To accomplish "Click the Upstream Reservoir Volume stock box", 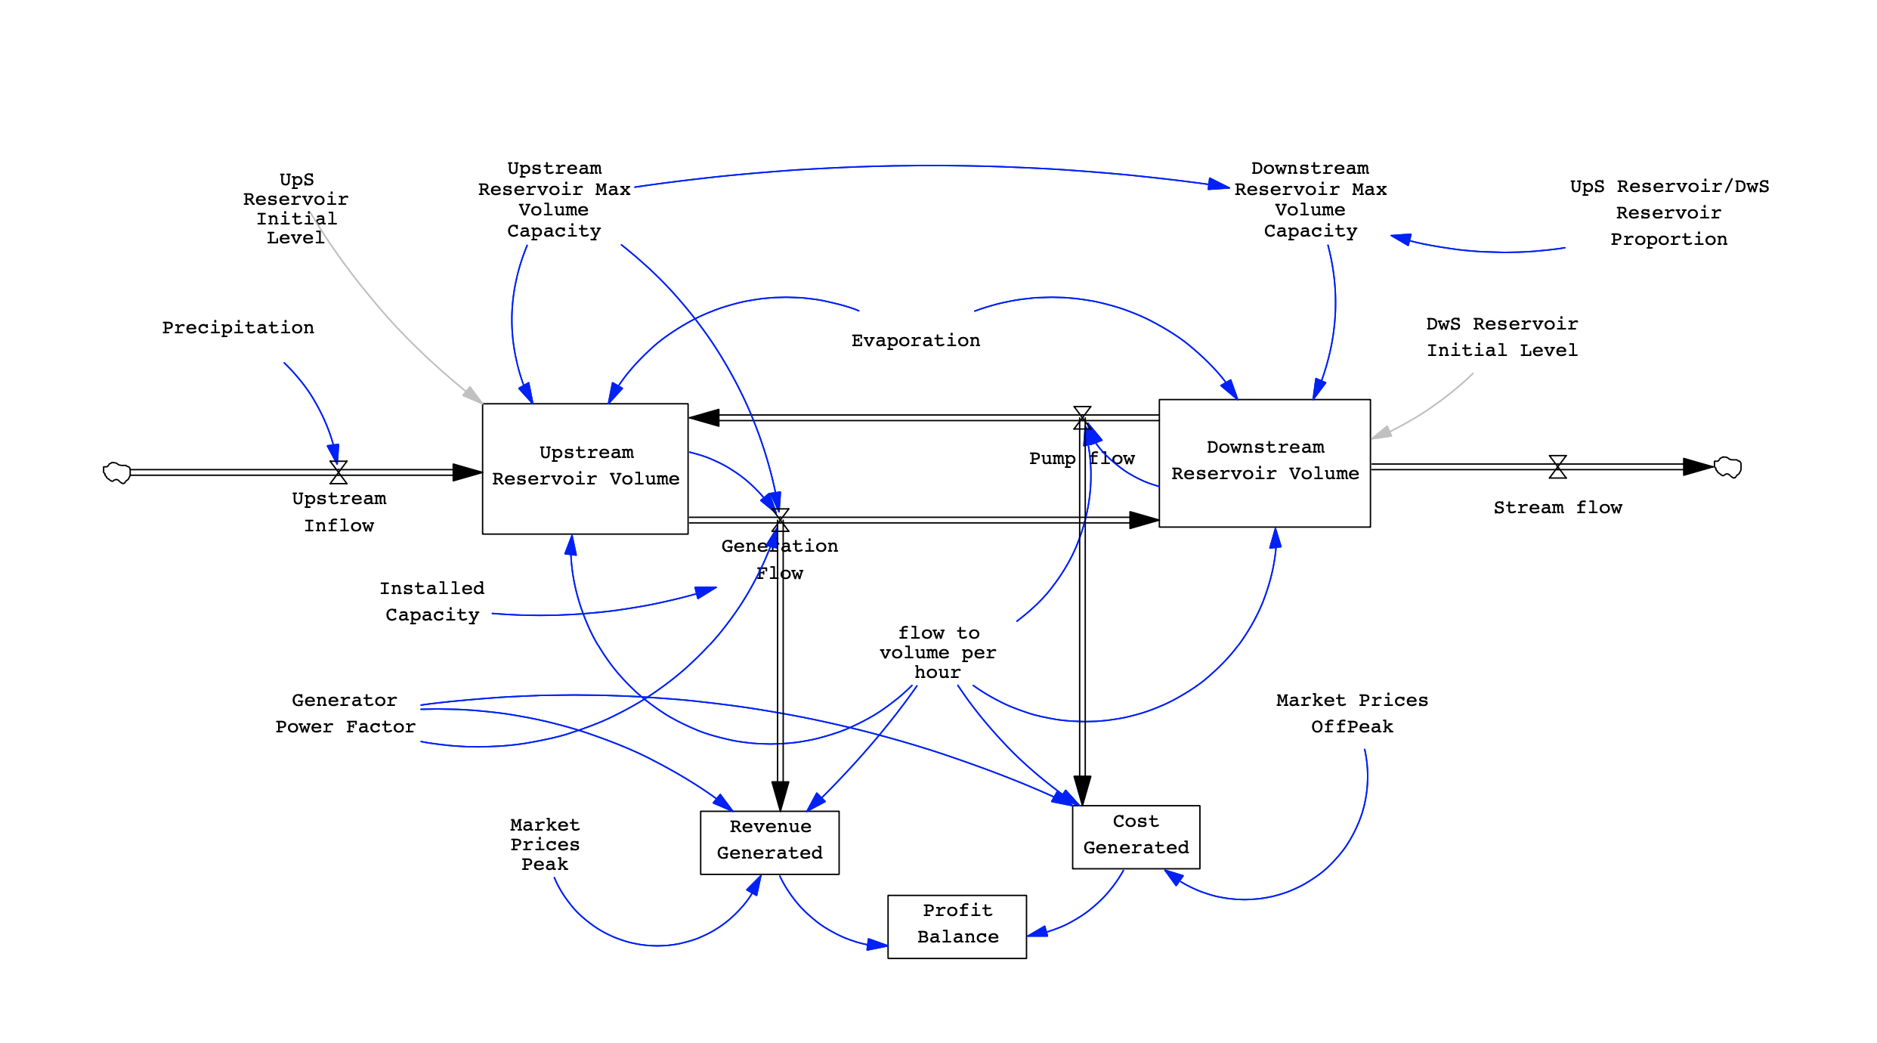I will pyautogui.click(x=585, y=468).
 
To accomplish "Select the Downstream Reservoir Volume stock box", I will pyautogui.click(x=1264, y=463).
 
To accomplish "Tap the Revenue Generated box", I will pyautogui.click(x=769, y=842).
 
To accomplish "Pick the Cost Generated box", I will pyautogui.click(x=1135, y=836).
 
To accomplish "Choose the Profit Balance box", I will pyautogui.click(x=957, y=926).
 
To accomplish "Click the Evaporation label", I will pyautogui.click(x=915, y=341).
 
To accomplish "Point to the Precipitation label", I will pyautogui.click(x=238, y=328).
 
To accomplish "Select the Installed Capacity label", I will pyautogui.click(x=432, y=602).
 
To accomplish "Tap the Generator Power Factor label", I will pyautogui.click(x=345, y=713).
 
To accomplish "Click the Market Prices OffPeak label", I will pyautogui.click(x=1352, y=713).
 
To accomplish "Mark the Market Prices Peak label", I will pyautogui.click(x=545, y=844).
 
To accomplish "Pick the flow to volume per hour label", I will pyautogui.click(x=938, y=652).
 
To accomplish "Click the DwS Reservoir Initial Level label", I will pyautogui.click(x=1501, y=337).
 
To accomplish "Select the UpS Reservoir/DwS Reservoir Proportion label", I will pyautogui.click(x=1669, y=213).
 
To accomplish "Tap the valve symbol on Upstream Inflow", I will pyautogui.click(x=339, y=472).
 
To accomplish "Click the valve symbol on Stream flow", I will pyautogui.click(x=1557, y=467).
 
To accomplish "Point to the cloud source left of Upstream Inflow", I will pyautogui.click(x=117, y=472).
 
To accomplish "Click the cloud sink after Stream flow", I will pyautogui.click(x=1727, y=467).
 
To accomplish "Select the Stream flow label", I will pyautogui.click(x=1557, y=508).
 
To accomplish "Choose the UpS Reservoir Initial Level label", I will pyautogui.click(x=295, y=209).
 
